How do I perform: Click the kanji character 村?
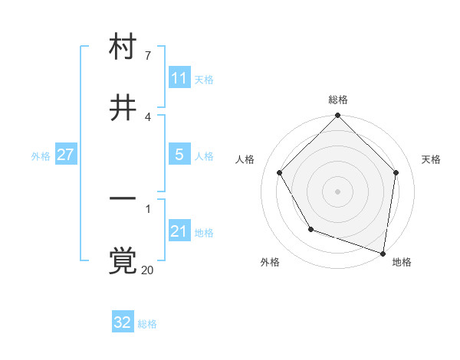coord(123,47)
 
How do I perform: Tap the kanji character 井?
coord(123,109)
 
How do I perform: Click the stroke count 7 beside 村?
coord(147,56)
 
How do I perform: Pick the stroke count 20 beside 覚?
coord(148,270)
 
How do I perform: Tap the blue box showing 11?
coord(179,78)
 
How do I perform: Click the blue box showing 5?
coord(179,155)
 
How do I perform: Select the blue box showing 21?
coord(179,231)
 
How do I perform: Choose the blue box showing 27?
coord(65,155)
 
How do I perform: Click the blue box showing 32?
coord(123,322)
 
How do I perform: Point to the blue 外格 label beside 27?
coord(41,156)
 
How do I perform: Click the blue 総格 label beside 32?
coord(147,324)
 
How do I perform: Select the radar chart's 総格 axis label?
coord(338,100)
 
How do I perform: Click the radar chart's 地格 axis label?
coord(402,263)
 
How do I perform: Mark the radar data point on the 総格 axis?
coord(338,116)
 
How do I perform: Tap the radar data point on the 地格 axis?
coord(383,253)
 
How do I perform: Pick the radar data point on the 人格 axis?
coord(280,172)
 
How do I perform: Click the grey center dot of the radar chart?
coord(338,191)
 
